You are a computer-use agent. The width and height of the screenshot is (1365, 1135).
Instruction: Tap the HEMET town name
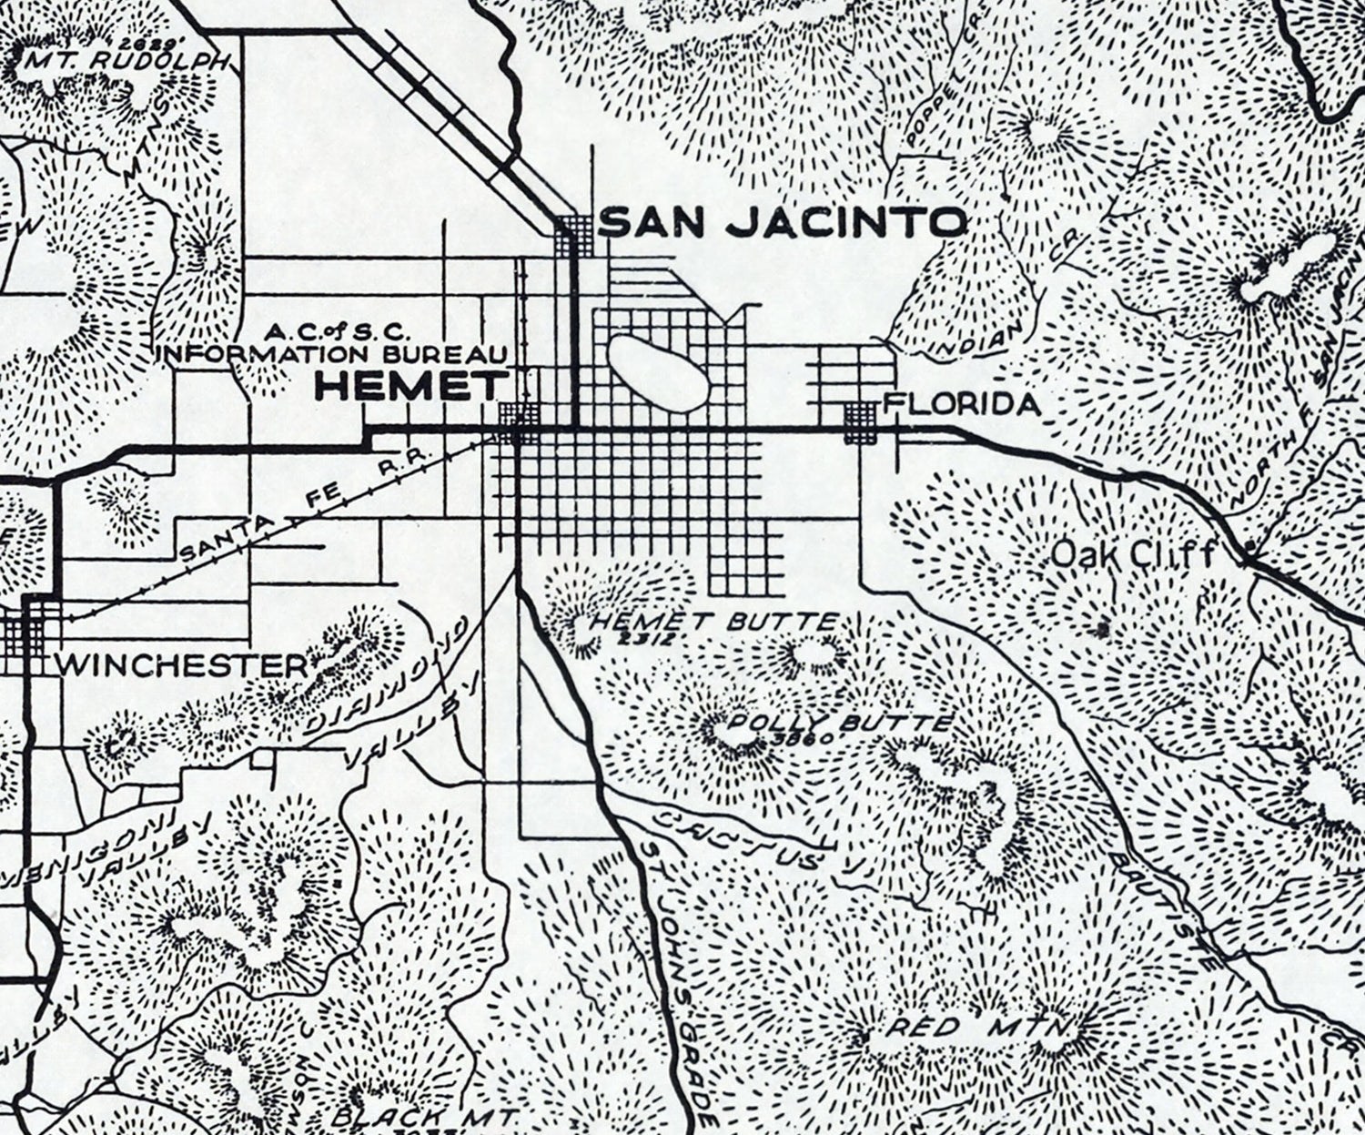click(410, 388)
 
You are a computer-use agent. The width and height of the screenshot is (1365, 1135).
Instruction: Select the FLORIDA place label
click(962, 404)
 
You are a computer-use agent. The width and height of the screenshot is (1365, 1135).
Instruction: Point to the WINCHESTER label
click(182, 665)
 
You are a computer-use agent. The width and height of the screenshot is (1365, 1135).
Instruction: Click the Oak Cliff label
click(1133, 553)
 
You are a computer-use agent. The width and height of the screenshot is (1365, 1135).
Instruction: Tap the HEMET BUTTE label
click(713, 623)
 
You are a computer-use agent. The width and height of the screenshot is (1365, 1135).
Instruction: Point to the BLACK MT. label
click(424, 1116)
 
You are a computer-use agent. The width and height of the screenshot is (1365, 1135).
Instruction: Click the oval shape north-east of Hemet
click(657, 371)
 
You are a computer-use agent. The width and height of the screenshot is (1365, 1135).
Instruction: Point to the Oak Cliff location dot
click(1249, 550)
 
